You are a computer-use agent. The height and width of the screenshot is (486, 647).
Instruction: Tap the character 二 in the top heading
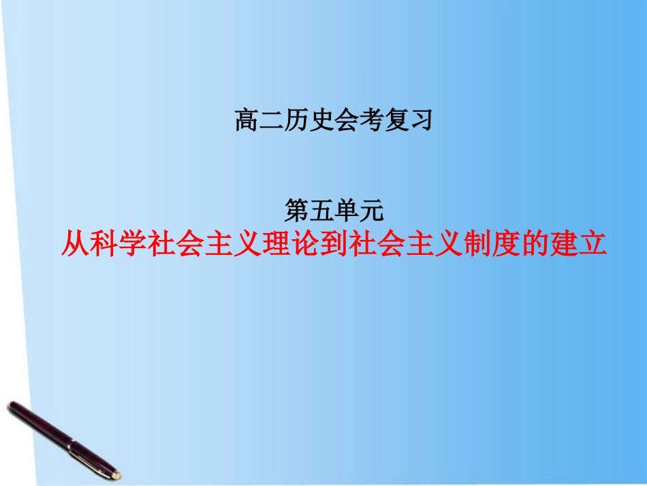271,121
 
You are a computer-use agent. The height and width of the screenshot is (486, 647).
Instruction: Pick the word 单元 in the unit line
360,211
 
